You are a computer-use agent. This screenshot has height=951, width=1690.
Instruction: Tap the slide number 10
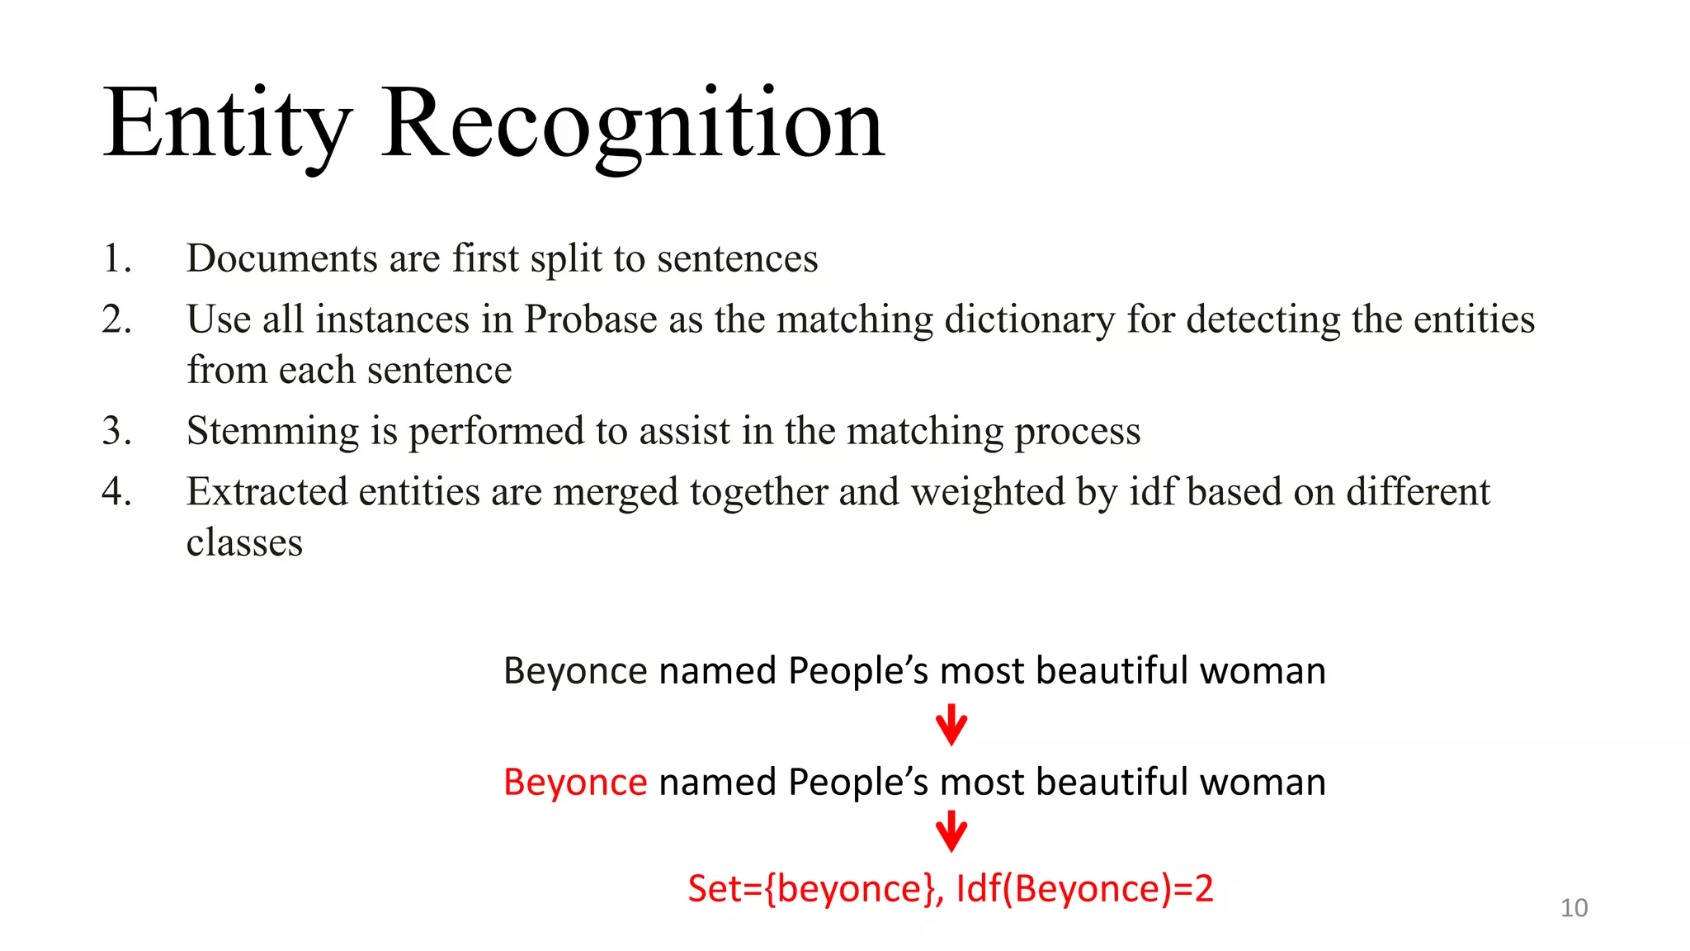[x=1574, y=907]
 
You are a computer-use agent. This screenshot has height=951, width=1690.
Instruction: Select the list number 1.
[x=116, y=258]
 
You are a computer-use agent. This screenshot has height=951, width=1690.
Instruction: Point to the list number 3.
[x=116, y=431]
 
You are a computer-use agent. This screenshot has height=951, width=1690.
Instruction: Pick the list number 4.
[x=116, y=492]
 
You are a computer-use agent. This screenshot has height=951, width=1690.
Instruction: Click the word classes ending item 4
[x=244, y=543]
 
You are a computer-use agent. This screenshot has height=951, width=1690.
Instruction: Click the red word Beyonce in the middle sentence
[x=575, y=782]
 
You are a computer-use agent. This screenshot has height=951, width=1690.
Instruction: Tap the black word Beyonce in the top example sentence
[x=575, y=670]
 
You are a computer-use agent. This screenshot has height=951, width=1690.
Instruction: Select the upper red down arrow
[x=951, y=725]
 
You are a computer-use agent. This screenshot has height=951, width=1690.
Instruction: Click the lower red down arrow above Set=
[x=951, y=831]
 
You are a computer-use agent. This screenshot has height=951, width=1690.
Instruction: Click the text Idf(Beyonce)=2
[x=1084, y=889]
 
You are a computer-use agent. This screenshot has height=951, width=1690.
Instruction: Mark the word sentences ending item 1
[x=737, y=258]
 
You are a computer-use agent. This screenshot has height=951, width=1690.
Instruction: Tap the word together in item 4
[x=759, y=492]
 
